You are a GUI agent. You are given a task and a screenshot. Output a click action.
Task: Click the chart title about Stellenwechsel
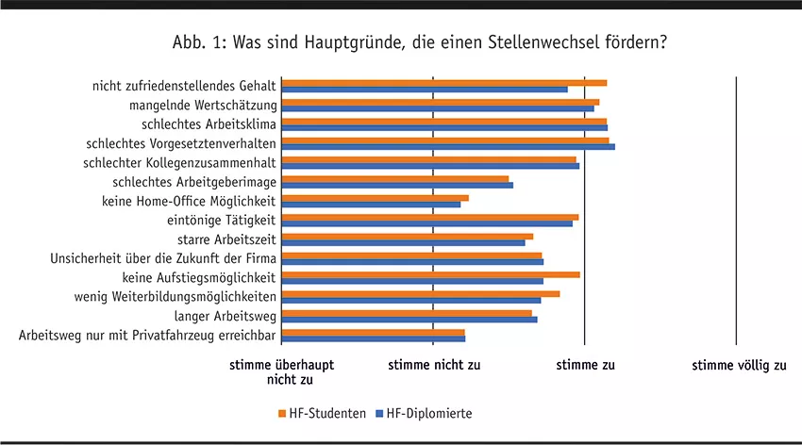point(420,43)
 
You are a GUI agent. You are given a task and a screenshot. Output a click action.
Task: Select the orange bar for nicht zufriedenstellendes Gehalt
point(443,83)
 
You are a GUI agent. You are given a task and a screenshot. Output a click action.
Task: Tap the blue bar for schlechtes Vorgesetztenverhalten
point(448,146)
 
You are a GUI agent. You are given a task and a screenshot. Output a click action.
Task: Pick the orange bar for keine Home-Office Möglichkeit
point(375,197)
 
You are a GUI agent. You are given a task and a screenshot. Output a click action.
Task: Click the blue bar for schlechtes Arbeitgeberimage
point(397,184)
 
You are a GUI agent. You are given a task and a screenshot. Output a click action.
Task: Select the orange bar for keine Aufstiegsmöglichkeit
point(430,274)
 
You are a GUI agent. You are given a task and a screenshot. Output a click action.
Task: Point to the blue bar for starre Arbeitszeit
point(403,241)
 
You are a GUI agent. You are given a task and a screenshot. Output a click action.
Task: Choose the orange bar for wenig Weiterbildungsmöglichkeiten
point(421,293)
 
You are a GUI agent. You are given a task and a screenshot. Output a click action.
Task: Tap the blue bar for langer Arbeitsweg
point(409,319)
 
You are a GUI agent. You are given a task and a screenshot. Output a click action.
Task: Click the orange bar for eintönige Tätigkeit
point(429,217)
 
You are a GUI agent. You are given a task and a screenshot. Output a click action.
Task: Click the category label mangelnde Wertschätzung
point(201,105)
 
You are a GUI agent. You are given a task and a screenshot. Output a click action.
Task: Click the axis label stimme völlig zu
point(739,366)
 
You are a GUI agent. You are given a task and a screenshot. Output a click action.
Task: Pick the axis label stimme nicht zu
point(434,366)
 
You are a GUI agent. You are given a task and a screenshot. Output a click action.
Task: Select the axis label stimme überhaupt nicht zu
point(282,372)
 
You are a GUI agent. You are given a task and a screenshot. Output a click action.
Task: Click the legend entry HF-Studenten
point(322,413)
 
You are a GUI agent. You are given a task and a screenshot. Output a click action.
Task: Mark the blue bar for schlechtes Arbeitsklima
point(444,127)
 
